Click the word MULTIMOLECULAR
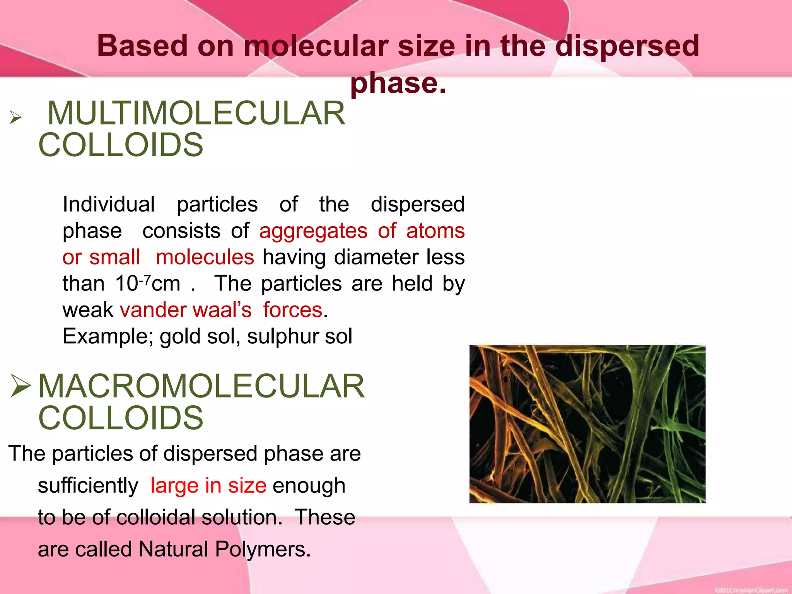[x=196, y=113]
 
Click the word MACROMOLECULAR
[x=201, y=386]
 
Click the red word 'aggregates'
[x=313, y=231]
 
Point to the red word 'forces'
[x=293, y=310]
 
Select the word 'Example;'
[x=108, y=336]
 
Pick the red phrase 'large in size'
[x=208, y=486]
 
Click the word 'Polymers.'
[x=263, y=549]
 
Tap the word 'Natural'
[x=174, y=549]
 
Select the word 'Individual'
[x=109, y=204]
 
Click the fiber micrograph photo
[x=587, y=424]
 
